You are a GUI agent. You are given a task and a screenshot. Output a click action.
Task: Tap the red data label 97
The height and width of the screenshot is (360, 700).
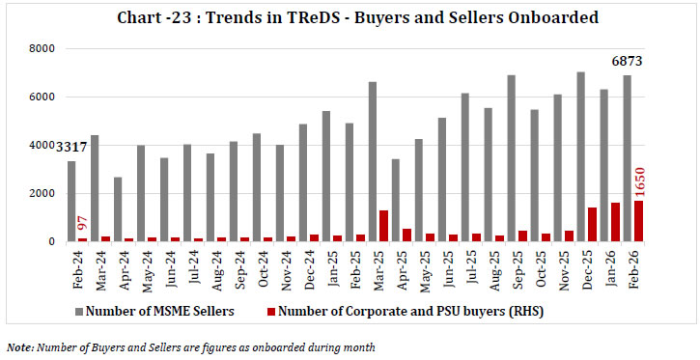pos(84,225)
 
